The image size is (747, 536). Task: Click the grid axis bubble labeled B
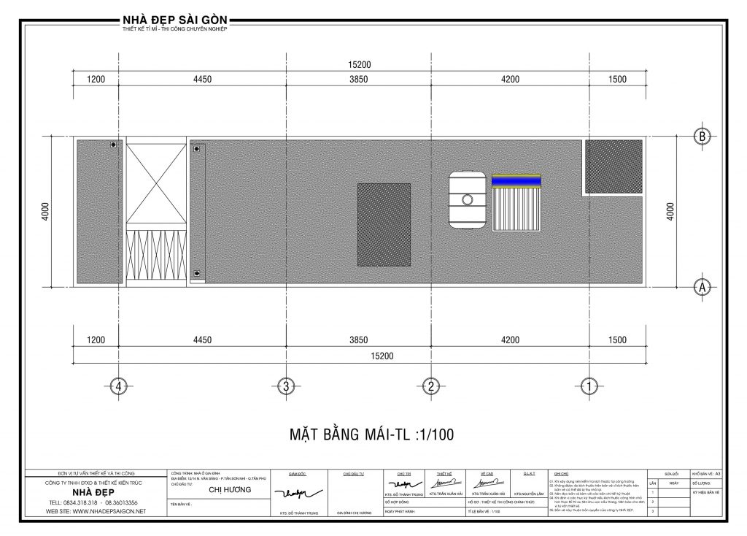702,137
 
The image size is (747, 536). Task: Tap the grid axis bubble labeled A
702,287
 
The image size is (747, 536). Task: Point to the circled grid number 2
432,386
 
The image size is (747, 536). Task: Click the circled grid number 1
589,386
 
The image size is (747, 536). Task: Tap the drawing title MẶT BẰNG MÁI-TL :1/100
372,435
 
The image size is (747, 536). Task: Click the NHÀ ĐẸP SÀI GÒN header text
176,19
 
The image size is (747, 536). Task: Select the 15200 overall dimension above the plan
359,64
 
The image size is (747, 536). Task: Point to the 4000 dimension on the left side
45,212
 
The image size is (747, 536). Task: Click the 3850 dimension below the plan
360,340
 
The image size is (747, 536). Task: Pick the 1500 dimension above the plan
616,80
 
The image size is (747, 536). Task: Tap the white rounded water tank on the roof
467,199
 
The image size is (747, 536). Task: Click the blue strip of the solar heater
516,180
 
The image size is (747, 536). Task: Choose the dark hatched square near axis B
614,166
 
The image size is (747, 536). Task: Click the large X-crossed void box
156,183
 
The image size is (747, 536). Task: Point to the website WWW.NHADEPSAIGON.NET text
96,511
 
